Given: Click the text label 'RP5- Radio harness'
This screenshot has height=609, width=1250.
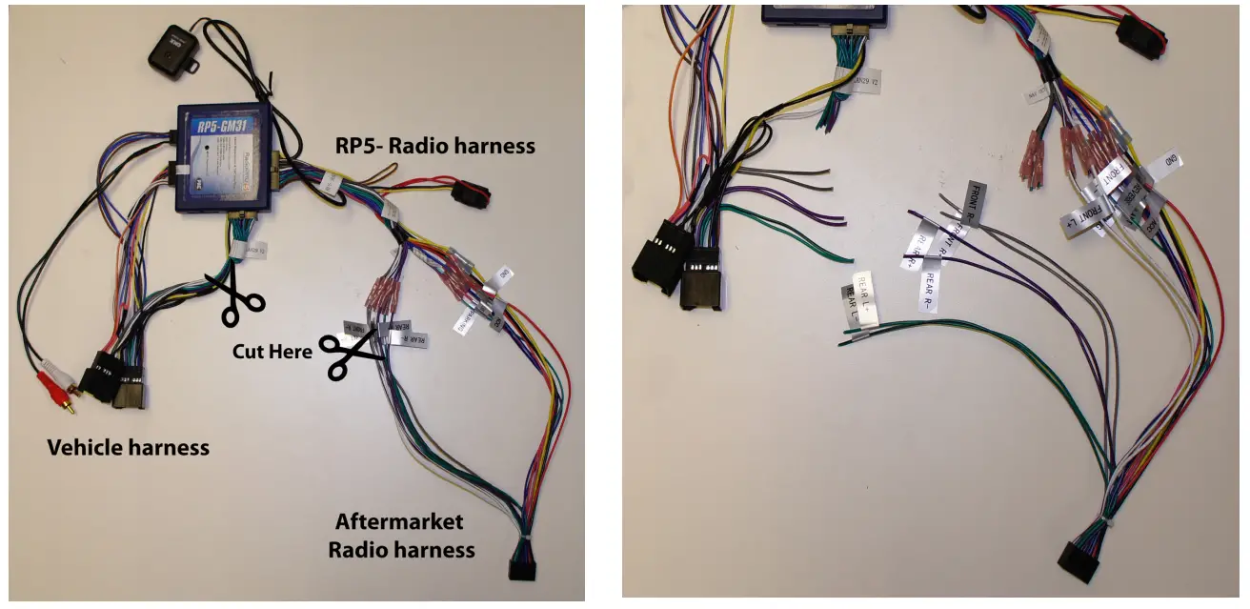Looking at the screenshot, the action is point(434,146).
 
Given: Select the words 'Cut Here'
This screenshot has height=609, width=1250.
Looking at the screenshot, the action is point(272,352).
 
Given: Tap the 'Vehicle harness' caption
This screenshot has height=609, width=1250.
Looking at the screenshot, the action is point(129,447).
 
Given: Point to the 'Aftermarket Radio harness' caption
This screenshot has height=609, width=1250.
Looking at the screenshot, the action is point(401,536).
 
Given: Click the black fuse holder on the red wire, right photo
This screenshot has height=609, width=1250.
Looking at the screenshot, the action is point(1139,36).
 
